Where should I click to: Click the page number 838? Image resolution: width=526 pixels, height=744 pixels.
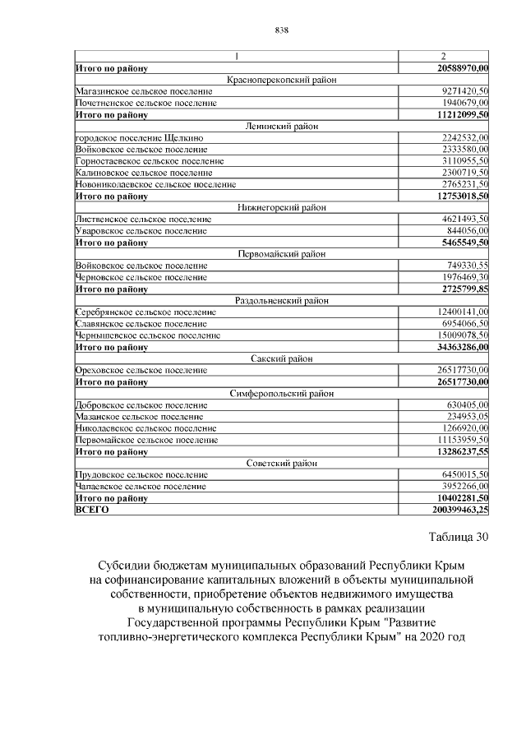point(281,30)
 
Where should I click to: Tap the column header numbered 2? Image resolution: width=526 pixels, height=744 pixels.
point(443,57)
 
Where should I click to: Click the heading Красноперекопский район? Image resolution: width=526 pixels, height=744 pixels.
point(281,80)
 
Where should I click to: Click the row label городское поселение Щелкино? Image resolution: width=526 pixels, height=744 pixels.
point(139,138)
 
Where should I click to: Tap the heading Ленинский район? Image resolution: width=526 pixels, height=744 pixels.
point(281,127)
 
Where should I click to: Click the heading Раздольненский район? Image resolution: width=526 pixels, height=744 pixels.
point(281,301)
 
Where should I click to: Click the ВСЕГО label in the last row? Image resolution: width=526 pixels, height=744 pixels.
point(91,510)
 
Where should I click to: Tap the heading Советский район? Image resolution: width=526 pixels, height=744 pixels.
point(281,463)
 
